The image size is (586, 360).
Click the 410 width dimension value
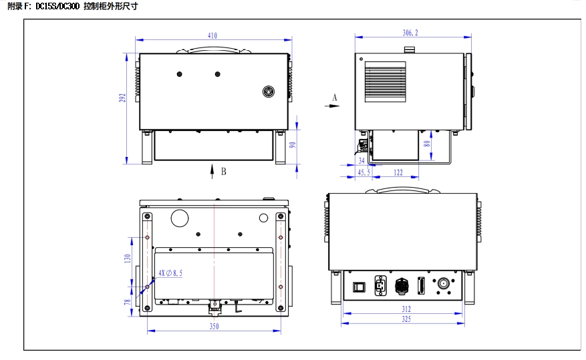212,35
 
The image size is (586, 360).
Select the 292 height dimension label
122,98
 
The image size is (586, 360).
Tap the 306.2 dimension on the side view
410,33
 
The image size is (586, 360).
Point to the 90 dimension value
293,145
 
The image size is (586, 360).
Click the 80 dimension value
427,144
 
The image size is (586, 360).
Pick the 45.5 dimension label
363,172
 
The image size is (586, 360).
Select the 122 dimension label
398,172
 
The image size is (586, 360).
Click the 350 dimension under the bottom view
214,327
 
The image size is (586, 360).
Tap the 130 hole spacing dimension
128,258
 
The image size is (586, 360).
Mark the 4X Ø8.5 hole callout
170,273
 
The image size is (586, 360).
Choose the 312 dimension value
406,309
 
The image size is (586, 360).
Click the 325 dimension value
406,319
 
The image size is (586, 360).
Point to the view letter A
335,98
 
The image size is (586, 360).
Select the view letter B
223,172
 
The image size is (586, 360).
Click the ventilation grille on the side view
386,81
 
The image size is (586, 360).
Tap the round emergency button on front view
269,92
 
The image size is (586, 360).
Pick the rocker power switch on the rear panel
359,287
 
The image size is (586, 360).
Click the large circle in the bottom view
180,218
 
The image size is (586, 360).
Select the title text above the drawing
73,7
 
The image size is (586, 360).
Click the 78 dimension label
128,302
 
